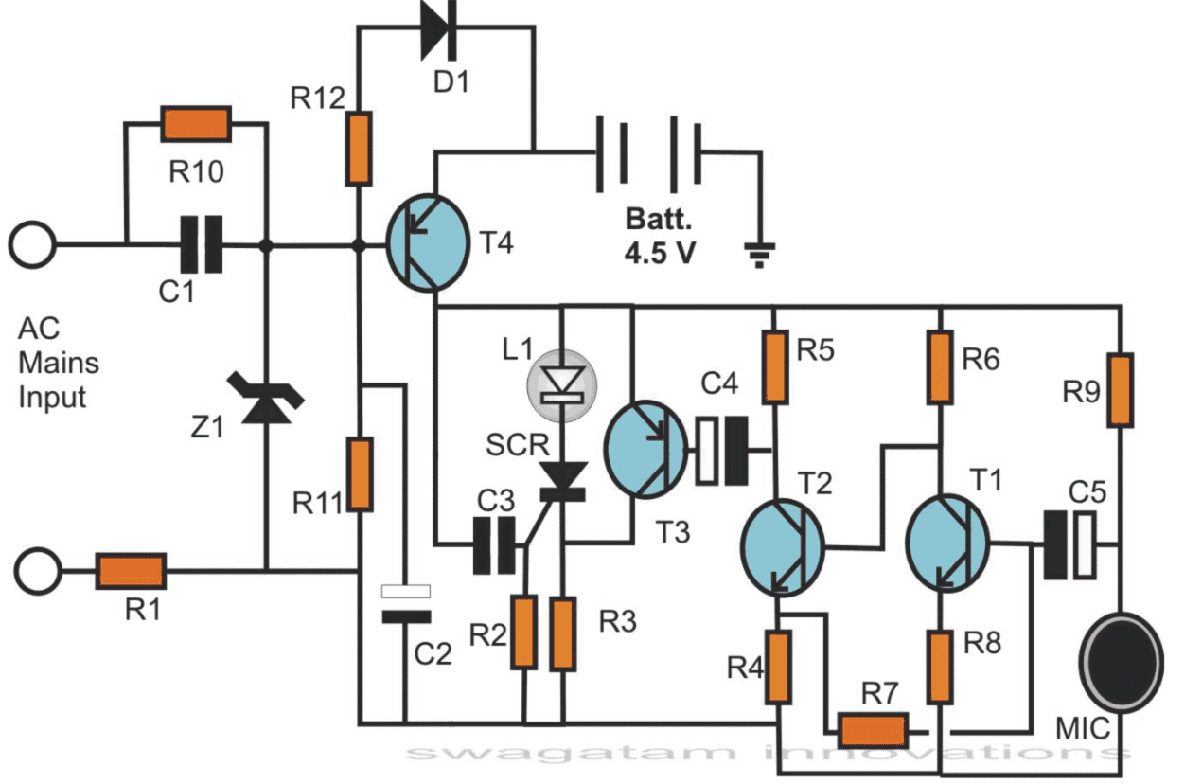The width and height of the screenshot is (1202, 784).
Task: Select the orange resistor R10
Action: point(196,124)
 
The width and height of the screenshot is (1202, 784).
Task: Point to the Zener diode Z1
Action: point(265,398)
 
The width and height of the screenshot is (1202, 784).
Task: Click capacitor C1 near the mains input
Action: point(201,245)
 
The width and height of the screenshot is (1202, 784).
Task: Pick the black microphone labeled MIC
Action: point(1122,661)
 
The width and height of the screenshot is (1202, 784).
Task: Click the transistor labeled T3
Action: point(645,449)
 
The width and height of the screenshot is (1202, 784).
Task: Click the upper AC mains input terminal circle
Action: point(34,245)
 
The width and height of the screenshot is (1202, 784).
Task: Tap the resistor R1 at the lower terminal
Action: point(133,571)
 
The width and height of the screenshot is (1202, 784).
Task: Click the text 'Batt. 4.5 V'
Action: point(659,238)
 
